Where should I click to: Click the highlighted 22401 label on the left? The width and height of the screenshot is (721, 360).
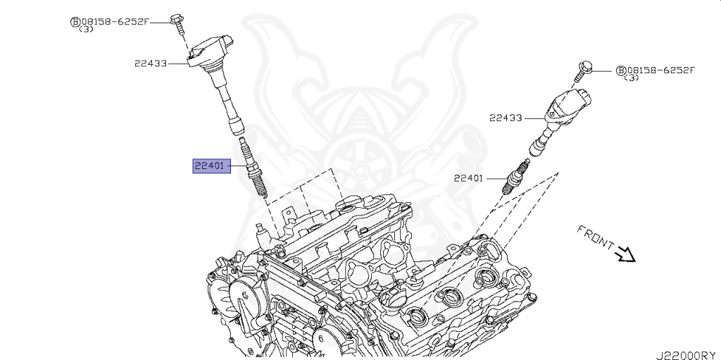coord(209,167)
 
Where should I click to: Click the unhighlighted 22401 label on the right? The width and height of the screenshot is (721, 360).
coord(468,178)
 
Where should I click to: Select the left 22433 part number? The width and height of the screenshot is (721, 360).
coord(151,63)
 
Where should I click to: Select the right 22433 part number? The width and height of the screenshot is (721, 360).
coord(506,118)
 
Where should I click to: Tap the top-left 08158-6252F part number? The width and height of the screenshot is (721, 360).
coord(115,21)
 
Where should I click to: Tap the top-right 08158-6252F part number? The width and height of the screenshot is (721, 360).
coord(660,70)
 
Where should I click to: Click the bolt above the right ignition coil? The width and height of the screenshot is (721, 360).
coord(582,69)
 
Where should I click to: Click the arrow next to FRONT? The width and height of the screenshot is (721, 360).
coord(625,254)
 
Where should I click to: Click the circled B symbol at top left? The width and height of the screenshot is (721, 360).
coord(74,22)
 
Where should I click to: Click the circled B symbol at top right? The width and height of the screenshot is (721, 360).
coord(620,70)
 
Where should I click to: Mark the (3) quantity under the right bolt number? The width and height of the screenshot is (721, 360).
coord(632,78)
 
